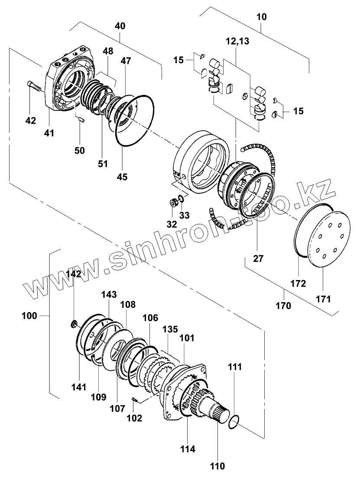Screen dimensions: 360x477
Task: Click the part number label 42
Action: pyautogui.click(x=30, y=121)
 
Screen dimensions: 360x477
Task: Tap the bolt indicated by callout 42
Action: pyautogui.click(x=34, y=85)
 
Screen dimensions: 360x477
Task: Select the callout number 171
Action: pyautogui.click(x=323, y=299)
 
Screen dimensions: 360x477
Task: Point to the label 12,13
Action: pyautogui.click(x=237, y=41)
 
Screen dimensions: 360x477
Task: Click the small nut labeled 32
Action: pyautogui.click(x=174, y=202)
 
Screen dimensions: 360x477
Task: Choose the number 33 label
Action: pyautogui.click(x=184, y=216)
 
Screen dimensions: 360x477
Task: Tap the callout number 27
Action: pyautogui.click(x=258, y=258)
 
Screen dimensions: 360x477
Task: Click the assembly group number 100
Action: pyautogui.click(x=29, y=316)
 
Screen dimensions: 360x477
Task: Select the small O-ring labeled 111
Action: pyautogui.click(x=234, y=422)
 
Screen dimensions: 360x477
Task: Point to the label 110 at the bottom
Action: pyautogui.click(x=217, y=466)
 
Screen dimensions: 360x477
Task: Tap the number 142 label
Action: pyautogui.click(x=74, y=274)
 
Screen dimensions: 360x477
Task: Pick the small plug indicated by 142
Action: pyautogui.click(x=74, y=324)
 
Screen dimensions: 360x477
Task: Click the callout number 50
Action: pyautogui.click(x=79, y=150)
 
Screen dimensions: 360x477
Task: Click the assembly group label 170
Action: pyautogui.click(x=284, y=305)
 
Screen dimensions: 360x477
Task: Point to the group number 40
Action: pyautogui.click(x=120, y=26)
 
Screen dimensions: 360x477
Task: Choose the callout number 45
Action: pyautogui.click(x=122, y=177)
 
